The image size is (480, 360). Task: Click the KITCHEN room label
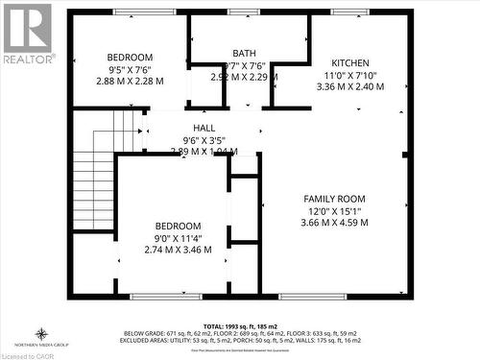349,62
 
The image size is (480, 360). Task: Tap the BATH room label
244,53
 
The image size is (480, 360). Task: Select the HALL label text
204,128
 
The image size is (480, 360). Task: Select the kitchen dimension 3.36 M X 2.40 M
349,85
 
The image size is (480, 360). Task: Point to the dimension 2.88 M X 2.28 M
130,81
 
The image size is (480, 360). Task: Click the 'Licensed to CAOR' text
29,354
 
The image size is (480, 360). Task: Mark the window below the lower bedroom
166,297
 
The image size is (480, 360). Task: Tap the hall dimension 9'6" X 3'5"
204,139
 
